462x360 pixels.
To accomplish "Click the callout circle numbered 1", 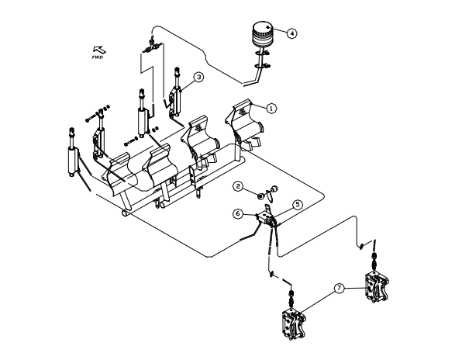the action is (x=271, y=109).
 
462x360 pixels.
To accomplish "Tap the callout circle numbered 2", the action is (x=238, y=186).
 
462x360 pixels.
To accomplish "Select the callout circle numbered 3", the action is (x=199, y=77).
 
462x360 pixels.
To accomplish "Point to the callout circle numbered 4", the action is (x=291, y=33).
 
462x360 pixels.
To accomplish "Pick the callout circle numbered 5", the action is (x=298, y=204).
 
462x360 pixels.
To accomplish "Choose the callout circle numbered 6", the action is (x=238, y=214).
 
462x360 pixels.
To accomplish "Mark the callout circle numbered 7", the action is (x=339, y=288).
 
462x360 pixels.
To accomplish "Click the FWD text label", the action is (x=97, y=57).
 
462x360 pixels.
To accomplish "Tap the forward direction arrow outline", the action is (x=99, y=50).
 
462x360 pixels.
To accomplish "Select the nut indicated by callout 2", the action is (x=260, y=196).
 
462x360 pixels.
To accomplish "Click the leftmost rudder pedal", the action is (x=120, y=174).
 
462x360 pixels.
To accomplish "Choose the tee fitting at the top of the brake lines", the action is (x=153, y=47).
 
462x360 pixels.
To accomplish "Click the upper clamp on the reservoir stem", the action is (x=262, y=54).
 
